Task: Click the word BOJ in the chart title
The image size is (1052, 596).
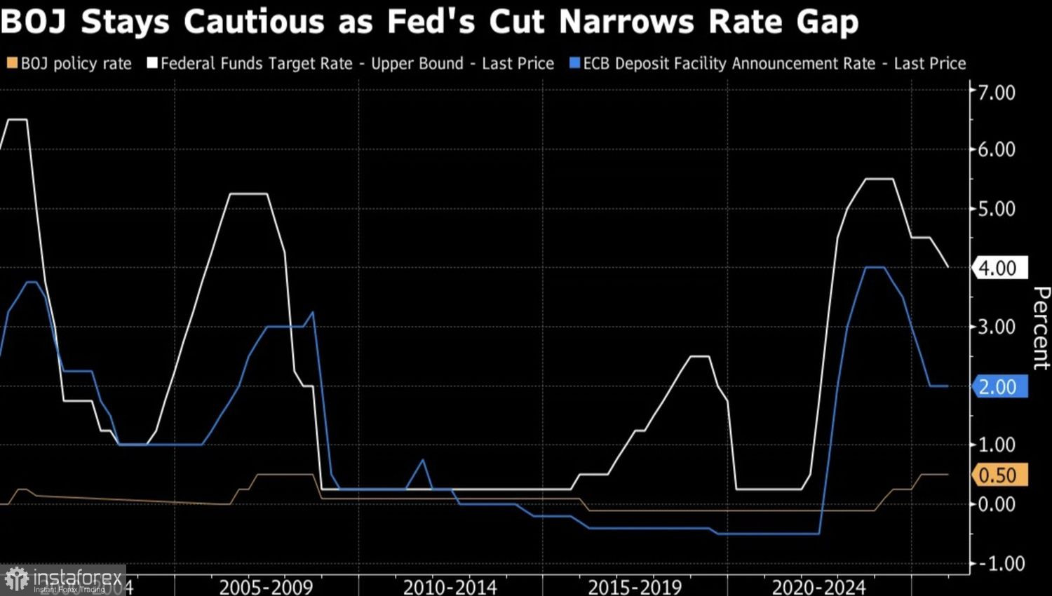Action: click(35, 22)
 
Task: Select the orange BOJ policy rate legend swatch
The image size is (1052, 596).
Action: click(12, 64)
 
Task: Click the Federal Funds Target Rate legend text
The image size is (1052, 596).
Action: click(256, 64)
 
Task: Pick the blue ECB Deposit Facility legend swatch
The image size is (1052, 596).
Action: click(575, 64)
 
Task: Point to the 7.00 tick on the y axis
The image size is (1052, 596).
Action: click(997, 93)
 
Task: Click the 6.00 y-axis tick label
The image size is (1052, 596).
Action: click(997, 149)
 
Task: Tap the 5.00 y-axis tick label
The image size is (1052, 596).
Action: click(997, 209)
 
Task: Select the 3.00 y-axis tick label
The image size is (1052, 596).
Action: click(997, 327)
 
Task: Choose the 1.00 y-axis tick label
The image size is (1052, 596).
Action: click(997, 445)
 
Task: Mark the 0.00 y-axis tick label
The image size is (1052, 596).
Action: click(997, 504)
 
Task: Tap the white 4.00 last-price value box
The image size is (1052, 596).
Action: click(999, 268)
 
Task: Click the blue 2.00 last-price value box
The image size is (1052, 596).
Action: click(999, 386)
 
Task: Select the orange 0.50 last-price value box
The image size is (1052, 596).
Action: click(999, 475)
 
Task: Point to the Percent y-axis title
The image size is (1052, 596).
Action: click(1041, 327)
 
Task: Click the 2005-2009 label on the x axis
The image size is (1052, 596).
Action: click(266, 586)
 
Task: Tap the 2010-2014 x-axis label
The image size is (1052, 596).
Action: click(450, 586)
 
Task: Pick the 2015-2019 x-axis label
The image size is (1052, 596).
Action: click(635, 586)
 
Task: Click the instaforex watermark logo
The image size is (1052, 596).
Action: click(63, 580)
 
